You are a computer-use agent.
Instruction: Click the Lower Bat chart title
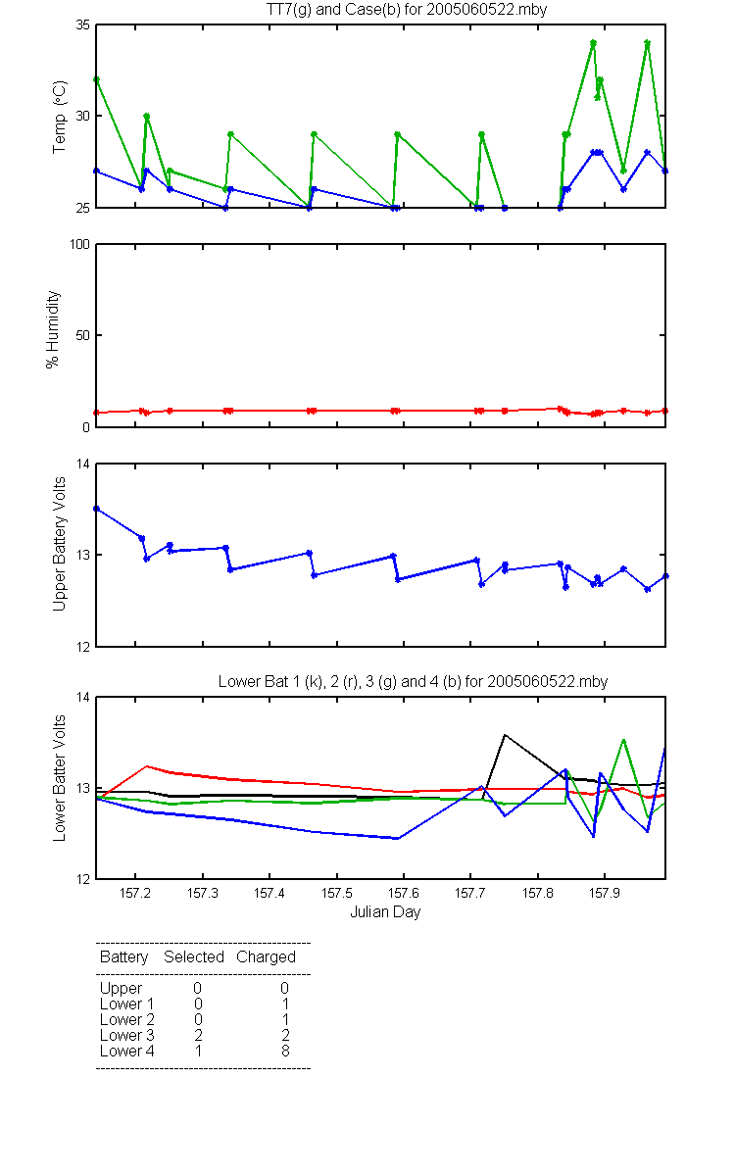point(413,681)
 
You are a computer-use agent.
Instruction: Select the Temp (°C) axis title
point(60,117)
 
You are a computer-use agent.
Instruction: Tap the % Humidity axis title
point(53,329)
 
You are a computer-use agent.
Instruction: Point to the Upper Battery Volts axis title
point(59,544)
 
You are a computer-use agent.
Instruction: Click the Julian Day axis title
point(385,912)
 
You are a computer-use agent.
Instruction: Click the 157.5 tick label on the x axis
point(336,893)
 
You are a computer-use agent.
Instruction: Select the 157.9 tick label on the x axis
point(605,893)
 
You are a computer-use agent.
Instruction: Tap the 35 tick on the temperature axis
point(83,25)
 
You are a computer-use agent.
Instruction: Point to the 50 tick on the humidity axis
point(83,335)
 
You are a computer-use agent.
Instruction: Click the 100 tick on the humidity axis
point(79,244)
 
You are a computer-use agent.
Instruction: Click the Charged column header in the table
point(266,957)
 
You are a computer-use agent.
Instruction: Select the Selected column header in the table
point(194,957)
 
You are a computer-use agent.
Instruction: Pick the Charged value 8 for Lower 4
point(285,1051)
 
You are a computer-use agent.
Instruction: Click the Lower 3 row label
point(127,1035)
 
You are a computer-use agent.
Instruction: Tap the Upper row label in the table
point(121,989)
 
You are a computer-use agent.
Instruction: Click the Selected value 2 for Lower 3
point(198,1035)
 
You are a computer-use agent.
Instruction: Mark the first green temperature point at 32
point(96,79)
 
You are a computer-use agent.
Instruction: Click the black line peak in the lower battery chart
point(505,735)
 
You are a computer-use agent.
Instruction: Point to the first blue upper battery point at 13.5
point(96,509)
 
